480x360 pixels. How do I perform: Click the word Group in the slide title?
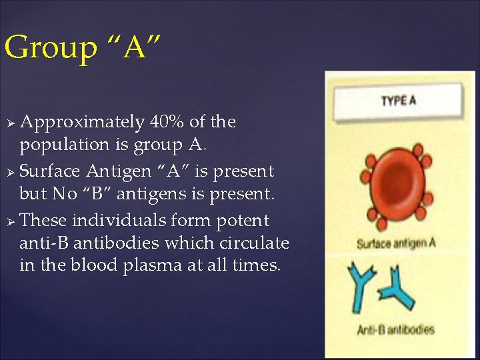click(x=50, y=49)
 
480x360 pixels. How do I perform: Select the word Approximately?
click(x=82, y=123)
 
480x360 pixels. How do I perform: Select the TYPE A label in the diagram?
click(x=398, y=101)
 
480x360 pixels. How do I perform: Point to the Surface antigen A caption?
click(x=396, y=243)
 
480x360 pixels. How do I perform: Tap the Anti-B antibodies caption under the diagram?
click(x=395, y=329)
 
